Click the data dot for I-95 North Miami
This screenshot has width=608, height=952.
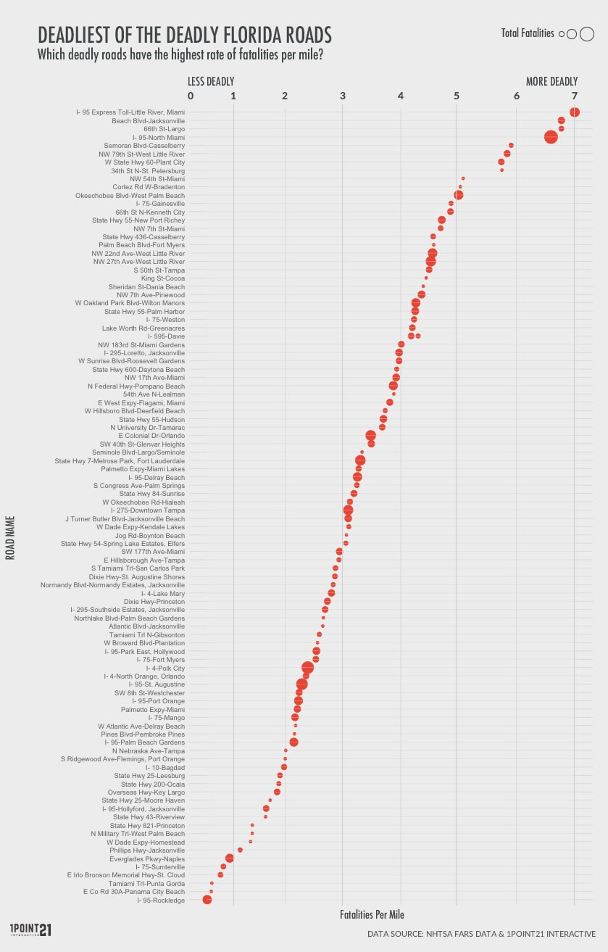[x=551, y=137]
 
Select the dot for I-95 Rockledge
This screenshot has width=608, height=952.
[x=207, y=900]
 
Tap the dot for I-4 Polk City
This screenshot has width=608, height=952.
[x=307, y=668]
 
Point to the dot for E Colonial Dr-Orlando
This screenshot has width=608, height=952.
[x=371, y=436]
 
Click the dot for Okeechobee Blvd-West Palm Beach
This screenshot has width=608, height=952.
[x=458, y=195]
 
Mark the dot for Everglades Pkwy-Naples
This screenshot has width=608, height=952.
[x=230, y=858]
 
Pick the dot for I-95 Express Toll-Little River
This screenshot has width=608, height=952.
[x=575, y=112]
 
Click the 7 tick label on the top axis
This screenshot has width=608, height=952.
[x=575, y=96]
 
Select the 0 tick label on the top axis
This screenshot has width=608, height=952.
[x=191, y=96]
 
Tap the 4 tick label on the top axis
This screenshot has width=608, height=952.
[x=401, y=96]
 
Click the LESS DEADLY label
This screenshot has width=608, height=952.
[x=211, y=81]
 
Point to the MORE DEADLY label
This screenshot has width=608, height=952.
[x=551, y=81]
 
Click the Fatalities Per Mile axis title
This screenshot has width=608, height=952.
[x=372, y=915]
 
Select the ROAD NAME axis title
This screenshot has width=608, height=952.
[x=11, y=537]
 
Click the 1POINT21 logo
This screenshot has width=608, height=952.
[x=30, y=930]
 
